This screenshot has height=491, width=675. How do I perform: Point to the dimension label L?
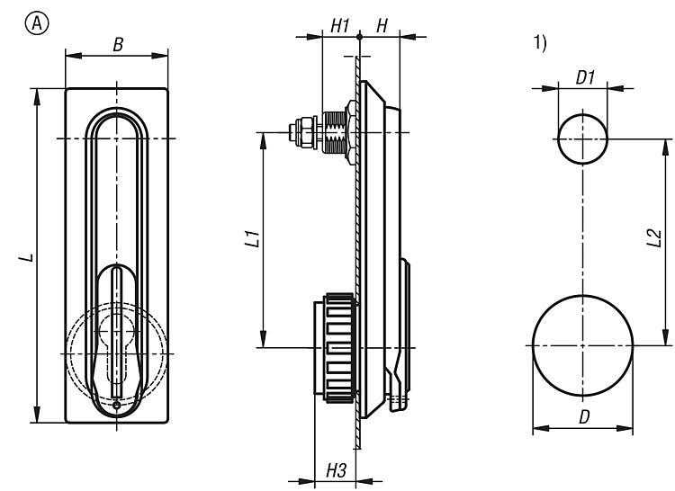coord(31,258)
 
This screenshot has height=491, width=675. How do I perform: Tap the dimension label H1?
coord(338,25)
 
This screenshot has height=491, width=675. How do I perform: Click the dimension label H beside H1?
coord(382,25)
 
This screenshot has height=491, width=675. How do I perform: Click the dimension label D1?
coord(585,77)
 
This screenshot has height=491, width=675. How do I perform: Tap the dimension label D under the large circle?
coord(583,417)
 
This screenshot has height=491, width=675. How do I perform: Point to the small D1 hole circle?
coord(582,139)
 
